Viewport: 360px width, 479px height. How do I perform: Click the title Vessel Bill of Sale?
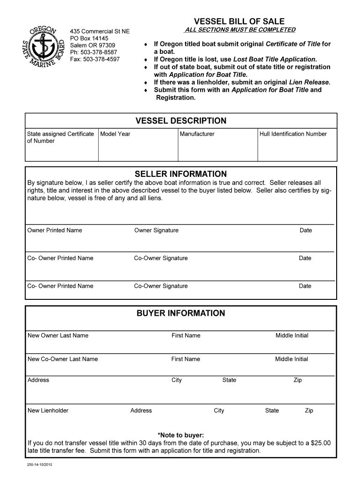(239, 22)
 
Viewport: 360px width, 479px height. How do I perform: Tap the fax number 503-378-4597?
(101, 59)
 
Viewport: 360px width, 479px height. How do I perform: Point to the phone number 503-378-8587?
(100, 52)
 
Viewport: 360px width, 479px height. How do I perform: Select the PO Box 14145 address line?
(89, 38)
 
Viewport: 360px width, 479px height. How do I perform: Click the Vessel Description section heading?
(180, 121)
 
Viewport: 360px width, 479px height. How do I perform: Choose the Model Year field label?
(115, 134)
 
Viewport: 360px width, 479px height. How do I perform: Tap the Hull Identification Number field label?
(293, 134)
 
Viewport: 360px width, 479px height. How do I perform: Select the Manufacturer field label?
(197, 134)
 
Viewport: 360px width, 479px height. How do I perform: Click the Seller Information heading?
(180, 174)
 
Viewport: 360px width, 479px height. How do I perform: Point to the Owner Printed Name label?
(55, 230)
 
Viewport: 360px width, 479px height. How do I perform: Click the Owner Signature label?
(156, 230)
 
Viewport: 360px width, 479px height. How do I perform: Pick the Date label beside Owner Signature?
(306, 230)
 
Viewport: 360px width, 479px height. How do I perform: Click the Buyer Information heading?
(180, 313)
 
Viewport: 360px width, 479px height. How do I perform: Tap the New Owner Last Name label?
(58, 335)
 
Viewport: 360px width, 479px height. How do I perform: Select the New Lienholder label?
(48, 411)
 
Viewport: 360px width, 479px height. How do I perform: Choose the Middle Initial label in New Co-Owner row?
(292, 359)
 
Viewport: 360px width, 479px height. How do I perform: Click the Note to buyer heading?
(180, 435)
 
